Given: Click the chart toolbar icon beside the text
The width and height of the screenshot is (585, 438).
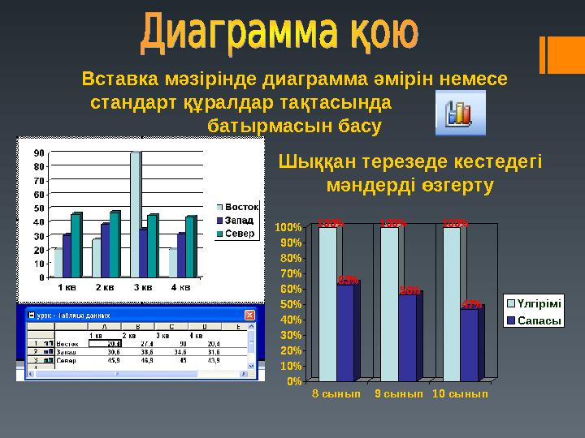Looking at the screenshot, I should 460,113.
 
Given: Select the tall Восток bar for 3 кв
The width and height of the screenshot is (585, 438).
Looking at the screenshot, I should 136,214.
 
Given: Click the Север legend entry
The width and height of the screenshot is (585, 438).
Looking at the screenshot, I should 239,234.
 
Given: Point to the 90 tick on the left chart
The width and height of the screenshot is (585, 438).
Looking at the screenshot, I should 39,152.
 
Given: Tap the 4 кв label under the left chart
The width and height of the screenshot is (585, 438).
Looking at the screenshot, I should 180,286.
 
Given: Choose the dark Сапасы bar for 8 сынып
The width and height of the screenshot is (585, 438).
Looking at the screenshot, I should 345,331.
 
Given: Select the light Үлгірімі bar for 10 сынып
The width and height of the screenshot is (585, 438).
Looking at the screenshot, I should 452,303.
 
